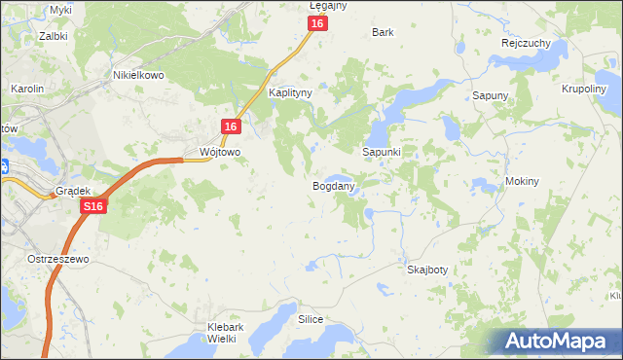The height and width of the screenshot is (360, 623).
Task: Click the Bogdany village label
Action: [x=332, y=185]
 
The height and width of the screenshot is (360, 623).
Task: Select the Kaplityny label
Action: [x=290, y=93]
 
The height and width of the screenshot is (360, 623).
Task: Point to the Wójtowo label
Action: [x=219, y=153]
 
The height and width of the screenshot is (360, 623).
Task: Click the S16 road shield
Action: [x=93, y=207]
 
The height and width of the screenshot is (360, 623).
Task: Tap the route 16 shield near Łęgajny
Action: [x=317, y=25]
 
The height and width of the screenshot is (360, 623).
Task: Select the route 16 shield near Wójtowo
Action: [x=230, y=127]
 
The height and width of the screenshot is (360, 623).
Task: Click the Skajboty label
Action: [x=427, y=270]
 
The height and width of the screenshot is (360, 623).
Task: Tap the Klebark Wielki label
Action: [x=218, y=333]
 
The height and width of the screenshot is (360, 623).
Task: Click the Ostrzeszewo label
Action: [x=58, y=260]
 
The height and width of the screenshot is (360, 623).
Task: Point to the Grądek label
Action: [x=73, y=192]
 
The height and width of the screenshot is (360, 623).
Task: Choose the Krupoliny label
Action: [x=584, y=87]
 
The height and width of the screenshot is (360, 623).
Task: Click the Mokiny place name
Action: [x=523, y=182]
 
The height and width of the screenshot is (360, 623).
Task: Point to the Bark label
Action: [x=383, y=32]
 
